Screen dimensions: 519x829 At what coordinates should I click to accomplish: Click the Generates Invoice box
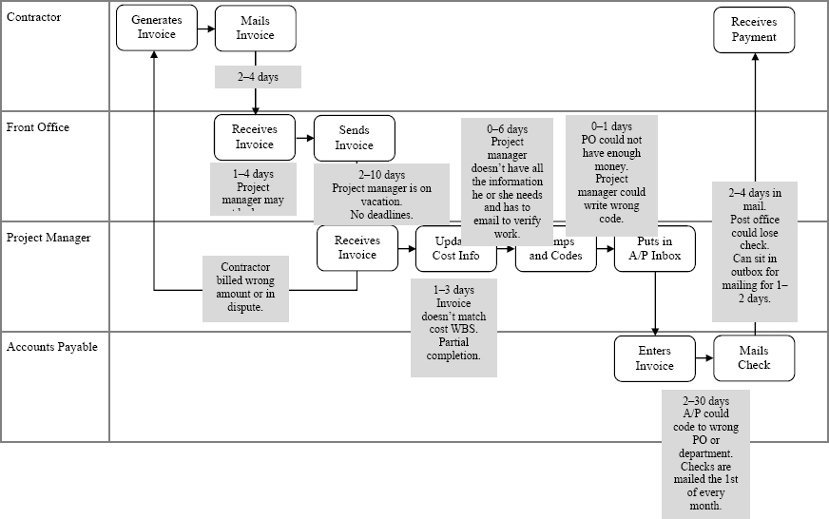point(157,28)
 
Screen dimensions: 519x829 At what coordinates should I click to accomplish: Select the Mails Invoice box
point(255,28)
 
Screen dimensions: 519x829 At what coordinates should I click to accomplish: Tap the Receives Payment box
point(754,29)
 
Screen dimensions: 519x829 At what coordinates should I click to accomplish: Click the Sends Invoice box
point(354,138)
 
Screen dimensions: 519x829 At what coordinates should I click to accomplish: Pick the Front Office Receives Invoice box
point(254,137)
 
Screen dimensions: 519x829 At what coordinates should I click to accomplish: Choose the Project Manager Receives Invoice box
point(357,247)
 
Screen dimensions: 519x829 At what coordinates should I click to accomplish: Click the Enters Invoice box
point(654,358)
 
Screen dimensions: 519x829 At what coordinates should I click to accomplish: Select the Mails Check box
point(754,357)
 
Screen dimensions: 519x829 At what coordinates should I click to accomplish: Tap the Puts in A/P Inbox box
point(655,248)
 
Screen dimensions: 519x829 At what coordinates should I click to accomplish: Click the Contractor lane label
point(34,17)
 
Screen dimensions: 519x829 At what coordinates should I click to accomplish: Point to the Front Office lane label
point(38,127)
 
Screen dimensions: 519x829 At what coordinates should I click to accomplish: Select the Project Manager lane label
point(48,238)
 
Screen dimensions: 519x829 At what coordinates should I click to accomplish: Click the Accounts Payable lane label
point(52,347)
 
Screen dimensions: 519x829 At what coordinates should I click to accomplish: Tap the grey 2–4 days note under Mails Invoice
point(258,77)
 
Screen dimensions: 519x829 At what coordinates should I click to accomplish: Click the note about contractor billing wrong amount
point(245,288)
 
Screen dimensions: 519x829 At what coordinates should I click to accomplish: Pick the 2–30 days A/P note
point(705,453)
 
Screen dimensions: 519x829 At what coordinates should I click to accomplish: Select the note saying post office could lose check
point(754,245)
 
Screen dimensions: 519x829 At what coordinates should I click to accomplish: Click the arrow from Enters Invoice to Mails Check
point(704,358)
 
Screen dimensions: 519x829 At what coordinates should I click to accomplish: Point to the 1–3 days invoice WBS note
point(453,322)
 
